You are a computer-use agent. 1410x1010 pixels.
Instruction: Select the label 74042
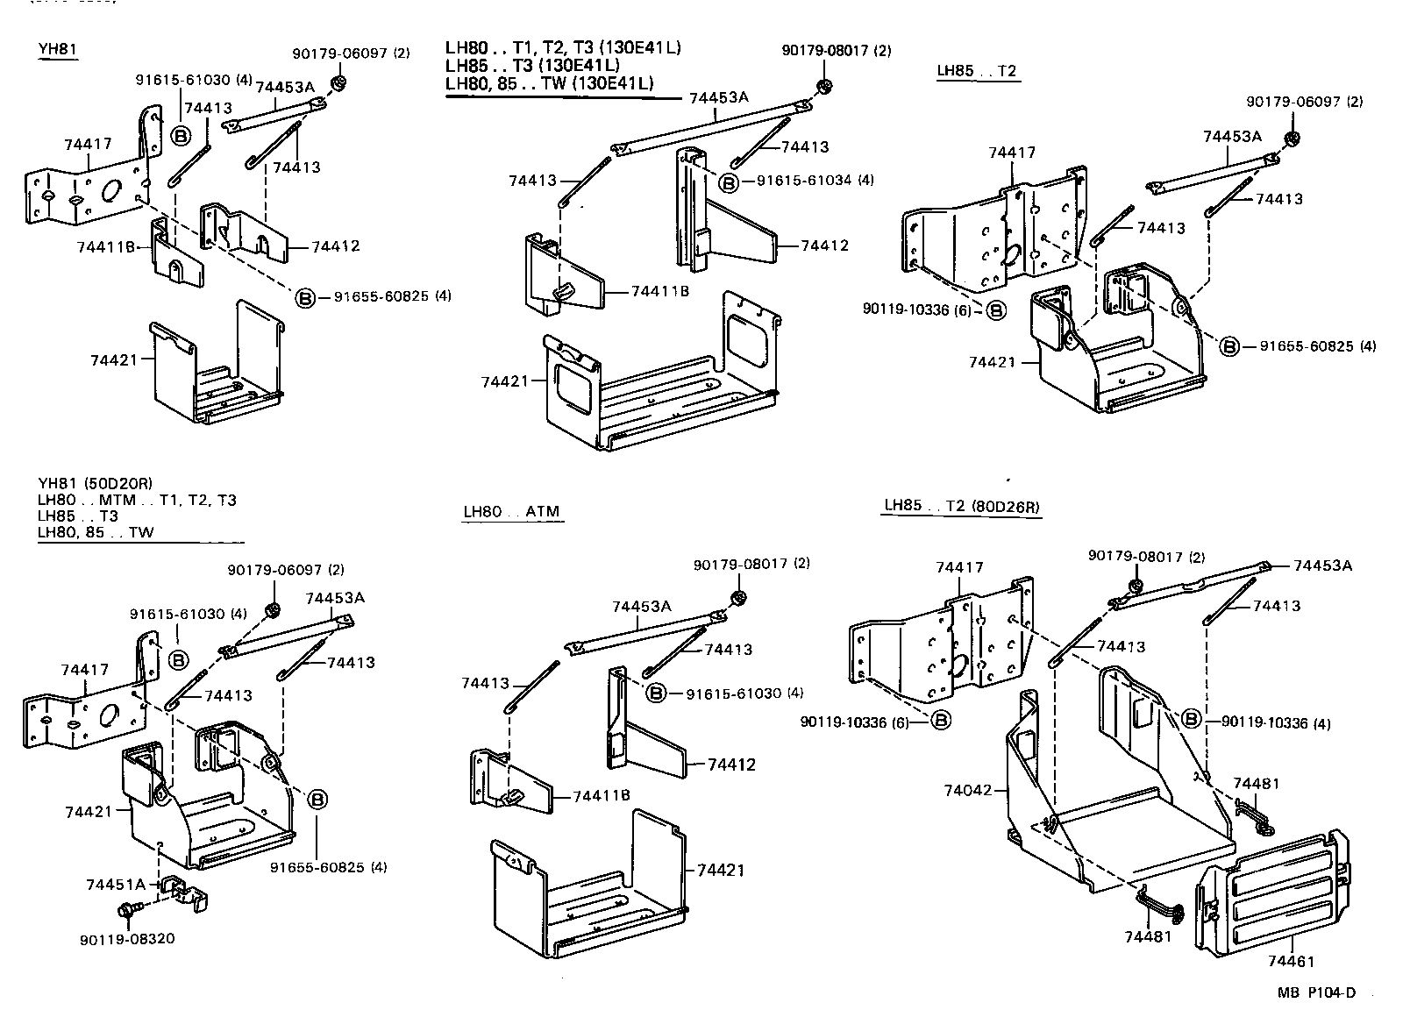(967, 790)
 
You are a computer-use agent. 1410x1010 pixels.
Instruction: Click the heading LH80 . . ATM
(511, 511)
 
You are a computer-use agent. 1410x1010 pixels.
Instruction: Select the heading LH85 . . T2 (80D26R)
(961, 506)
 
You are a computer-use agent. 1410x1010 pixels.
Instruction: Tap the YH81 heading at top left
(58, 49)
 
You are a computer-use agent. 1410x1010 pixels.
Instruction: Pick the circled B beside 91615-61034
(728, 182)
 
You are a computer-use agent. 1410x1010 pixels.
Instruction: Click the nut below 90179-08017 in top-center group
(823, 86)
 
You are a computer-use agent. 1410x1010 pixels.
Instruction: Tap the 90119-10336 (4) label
(1275, 723)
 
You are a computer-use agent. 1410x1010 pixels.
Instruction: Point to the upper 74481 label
(1257, 783)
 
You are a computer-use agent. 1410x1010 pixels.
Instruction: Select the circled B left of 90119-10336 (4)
(1191, 719)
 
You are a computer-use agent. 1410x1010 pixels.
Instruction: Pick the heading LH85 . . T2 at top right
(977, 71)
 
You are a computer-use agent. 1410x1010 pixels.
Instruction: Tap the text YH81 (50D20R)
(96, 483)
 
